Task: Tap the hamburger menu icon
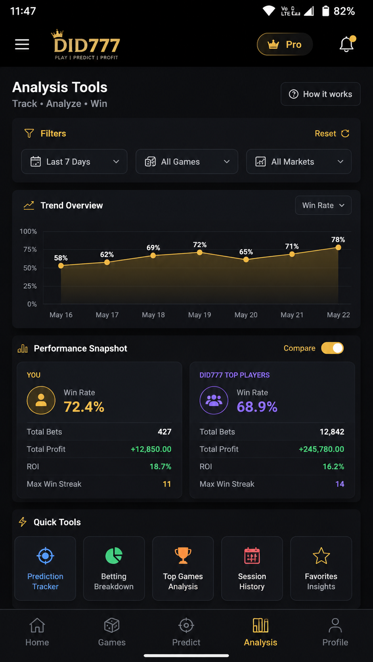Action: point(22,44)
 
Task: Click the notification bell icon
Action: point(347,44)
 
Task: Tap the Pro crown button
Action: point(285,44)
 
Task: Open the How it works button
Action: point(320,94)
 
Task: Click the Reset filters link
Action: point(332,133)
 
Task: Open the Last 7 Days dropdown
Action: point(74,162)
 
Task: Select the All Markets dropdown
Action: point(299,162)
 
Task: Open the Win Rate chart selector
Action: point(323,205)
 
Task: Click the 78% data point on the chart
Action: point(338,247)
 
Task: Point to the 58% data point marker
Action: point(61,266)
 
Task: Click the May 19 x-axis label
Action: point(200,315)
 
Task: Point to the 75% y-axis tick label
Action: point(30,249)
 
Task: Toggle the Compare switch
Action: point(333,348)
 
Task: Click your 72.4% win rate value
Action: point(84,407)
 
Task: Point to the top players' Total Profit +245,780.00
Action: point(321,449)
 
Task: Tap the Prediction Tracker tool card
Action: point(45,568)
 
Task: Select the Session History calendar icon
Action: point(252,555)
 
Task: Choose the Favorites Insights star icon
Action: point(321,555)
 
